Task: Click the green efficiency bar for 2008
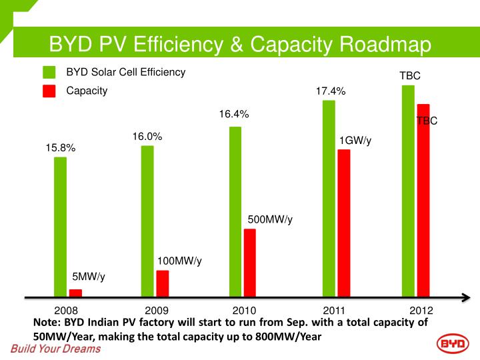pyautogui.click(x=60, y=226)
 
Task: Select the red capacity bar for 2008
pyautogui.click(x=75, y=292)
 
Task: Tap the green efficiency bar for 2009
pyautogui.click(x=147, y=220)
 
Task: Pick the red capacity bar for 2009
pyautogui.click(x=163, y=283)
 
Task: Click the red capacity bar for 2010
pyautogui.click(x=250, y=262)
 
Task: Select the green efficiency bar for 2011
pyautogui.click(x=329, y=197)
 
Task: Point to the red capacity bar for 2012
pyautogui.click(x=423, y=199)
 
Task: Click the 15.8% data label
pyautogui.click(x=61, y=148)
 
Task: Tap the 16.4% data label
pyautogui.click(x=234, y=115)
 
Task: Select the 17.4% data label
pyautogui.click(x=331, y=91)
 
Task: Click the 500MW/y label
pyautogui.click(x=270, y=219)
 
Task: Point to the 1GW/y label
pyautogui.click(x=355, y=141)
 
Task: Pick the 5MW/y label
pyautogui.click(x=89, y=277)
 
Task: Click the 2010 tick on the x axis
pyautogui.click(x=245, y=311)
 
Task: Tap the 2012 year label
pyautogui.click(x=421, y=311)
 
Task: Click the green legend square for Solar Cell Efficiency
pyautogui.click(x=49, y=73)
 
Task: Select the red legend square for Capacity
pyautogui.click(x=49, y=91)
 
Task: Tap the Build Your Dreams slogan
pyautogui.click(x=55, y=349)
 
